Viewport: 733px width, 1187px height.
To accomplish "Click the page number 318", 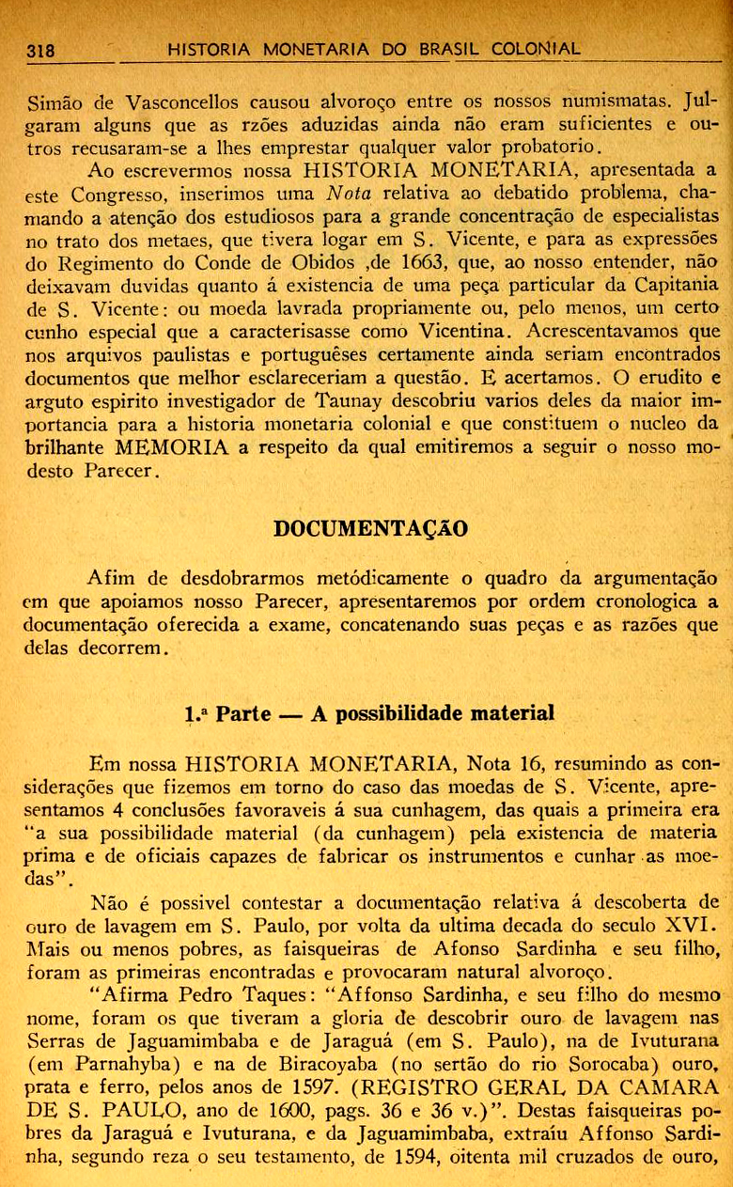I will [x=40, y=50].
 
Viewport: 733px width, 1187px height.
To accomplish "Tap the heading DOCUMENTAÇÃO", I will [x=369, y=528].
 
